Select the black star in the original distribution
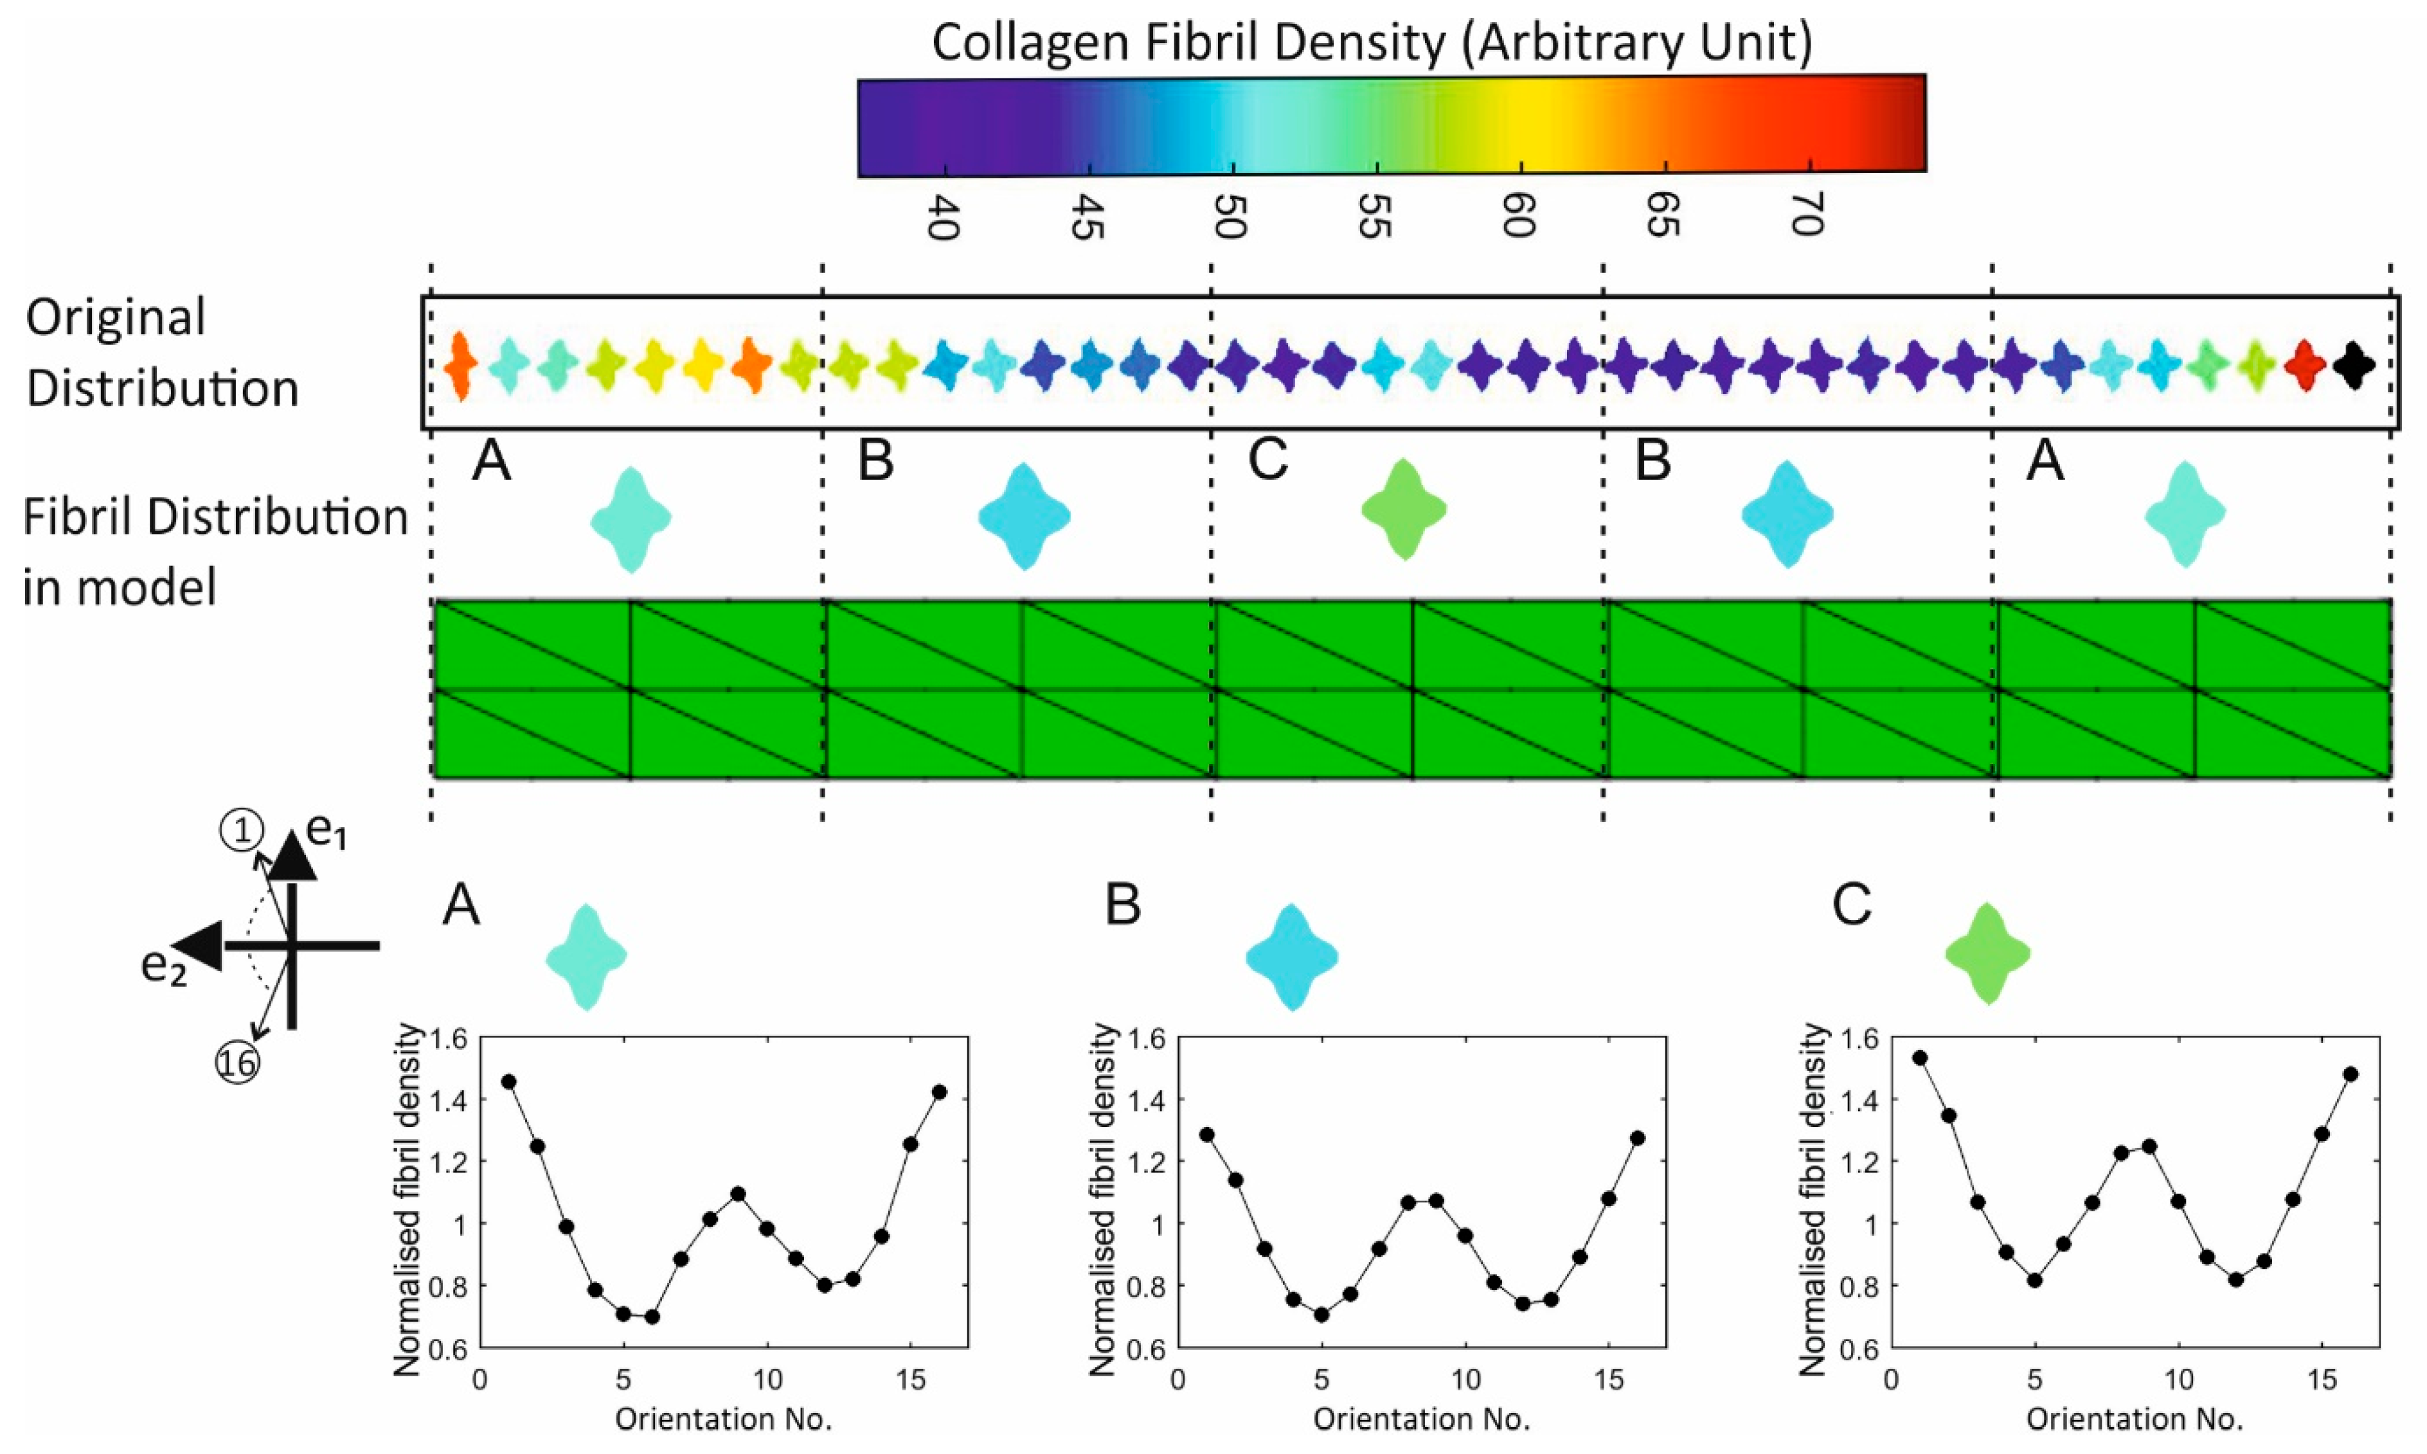point(2354,366)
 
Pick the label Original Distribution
point(162,353)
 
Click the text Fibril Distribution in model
point(213,552)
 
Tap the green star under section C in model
point(1404,510)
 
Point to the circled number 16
point(238,1064)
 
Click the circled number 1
point(241,833)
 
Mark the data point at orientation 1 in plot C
point(1919,1057)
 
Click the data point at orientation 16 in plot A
point(940,1092)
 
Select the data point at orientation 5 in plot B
point(1321,1314)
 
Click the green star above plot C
point(1987,953)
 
